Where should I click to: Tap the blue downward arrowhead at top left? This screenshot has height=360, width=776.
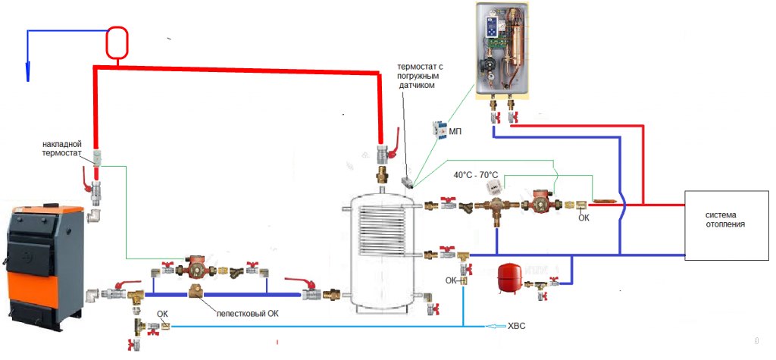(x=29, y=71)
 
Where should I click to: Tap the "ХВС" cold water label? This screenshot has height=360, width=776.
(x=516, y=327)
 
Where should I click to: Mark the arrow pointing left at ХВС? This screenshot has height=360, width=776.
(x=494, y=327)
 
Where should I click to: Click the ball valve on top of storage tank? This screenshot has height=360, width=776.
(x=385, y=154)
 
